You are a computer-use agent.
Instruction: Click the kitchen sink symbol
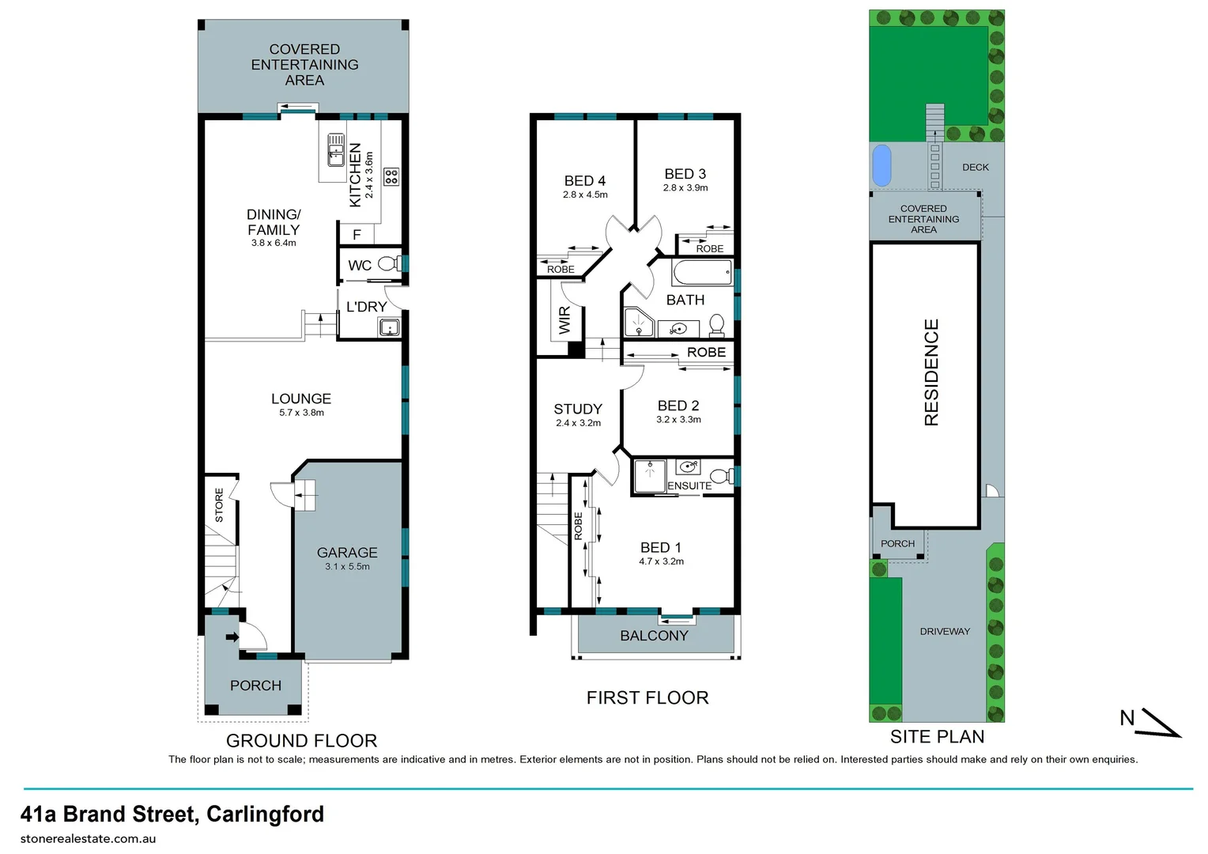(336, 149)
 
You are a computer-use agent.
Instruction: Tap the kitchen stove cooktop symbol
(391, 176)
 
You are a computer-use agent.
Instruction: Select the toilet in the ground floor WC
(388, 264)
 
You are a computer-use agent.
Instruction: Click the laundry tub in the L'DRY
(388, 327)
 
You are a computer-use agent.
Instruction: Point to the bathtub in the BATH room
(702, 274)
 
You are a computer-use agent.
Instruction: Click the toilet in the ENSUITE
(720, 476)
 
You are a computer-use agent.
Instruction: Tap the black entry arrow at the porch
(232, 637)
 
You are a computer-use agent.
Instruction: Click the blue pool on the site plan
(881, 165)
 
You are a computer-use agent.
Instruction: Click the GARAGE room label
(347, 553)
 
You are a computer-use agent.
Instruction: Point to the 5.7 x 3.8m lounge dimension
(301, 413)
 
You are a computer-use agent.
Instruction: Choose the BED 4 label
(585, 181)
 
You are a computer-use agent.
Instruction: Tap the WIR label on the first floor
(564, 320)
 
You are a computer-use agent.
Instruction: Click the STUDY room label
(578, 409)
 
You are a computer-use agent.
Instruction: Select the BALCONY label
(654, 636)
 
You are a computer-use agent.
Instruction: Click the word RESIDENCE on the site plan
(931, 372)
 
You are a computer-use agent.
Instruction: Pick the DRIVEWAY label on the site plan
(945, 631)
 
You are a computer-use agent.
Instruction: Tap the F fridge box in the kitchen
(357, 235)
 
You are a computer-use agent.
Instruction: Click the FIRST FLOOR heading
(647, 697)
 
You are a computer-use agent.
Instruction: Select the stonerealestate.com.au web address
(88, 839)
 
